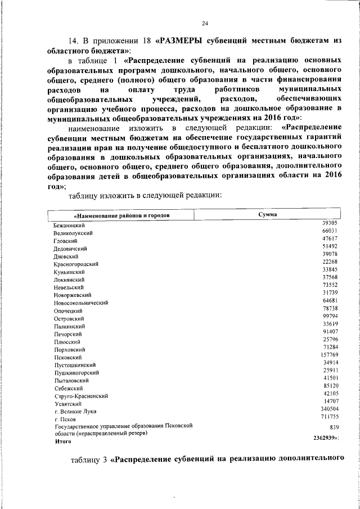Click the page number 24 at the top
coord(205,22)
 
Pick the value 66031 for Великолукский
coord(330,231)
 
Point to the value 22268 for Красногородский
coord(330,262)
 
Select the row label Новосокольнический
coord(81,303)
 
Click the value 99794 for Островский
coord(330,316)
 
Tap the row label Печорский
coord(68,334)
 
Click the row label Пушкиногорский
coord(77,372)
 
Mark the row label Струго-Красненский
coord(81,396)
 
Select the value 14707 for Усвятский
coord(330,401)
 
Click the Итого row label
coord(62,442)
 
